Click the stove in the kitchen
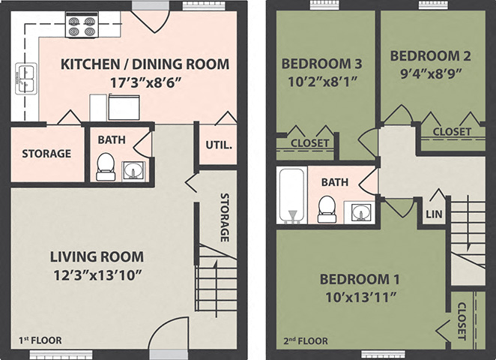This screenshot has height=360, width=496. pos(83,27)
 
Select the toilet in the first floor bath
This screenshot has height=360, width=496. pos(106,166)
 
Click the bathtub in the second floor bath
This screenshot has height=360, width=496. pos(291,195)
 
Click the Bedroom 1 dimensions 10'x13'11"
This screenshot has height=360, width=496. pos(360,296)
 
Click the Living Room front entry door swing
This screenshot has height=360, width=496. pos(167,334)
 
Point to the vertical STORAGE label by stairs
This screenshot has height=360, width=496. pos(224,217)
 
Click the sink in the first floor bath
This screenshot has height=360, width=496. pos(134,170)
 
